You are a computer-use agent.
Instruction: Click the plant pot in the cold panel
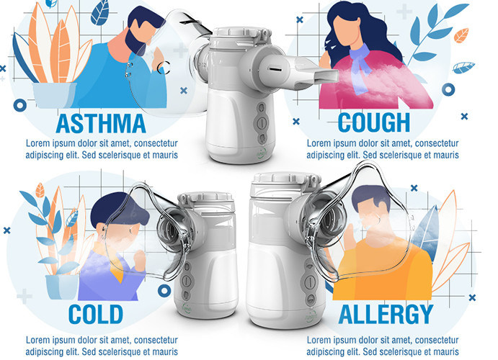tap(62, 285)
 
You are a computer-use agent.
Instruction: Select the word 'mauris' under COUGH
tap(443, 155)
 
